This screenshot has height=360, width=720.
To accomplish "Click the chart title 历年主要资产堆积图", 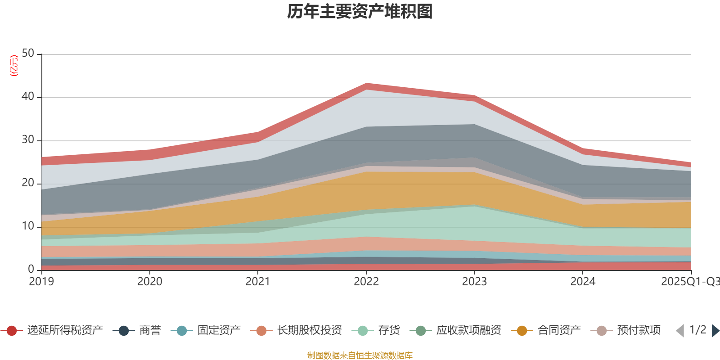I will click(360, 12).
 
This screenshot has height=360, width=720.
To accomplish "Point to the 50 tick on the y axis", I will click(28, 53).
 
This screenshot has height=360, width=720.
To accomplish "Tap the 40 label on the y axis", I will click(28, 96).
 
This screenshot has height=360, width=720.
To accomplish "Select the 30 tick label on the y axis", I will click(28, 139).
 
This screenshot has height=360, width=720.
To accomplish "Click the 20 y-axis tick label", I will click(28, 183).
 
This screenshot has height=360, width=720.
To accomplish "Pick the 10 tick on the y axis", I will click(28, 226).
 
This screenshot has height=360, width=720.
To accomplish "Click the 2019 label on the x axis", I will click(41, 282).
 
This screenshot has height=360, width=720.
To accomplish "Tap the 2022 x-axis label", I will click(366, 282).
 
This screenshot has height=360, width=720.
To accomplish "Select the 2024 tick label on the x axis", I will click(583, 282).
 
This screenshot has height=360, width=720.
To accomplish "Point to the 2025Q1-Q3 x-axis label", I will click(689, 282).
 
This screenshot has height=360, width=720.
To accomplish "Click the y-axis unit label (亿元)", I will click(14, 66).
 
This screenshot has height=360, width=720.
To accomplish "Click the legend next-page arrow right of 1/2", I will click(715, 331).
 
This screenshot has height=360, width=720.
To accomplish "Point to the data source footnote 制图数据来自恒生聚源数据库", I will click(360, 355).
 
